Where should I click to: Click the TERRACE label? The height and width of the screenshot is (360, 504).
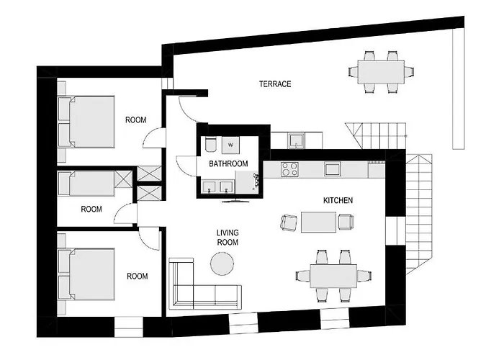[x=275, y=84]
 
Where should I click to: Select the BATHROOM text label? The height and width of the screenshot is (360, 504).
[x=228, y=164]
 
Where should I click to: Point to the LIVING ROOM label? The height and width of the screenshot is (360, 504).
[x=228, y=237]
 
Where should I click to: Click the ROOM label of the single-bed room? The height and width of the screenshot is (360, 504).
[x=91, y=210]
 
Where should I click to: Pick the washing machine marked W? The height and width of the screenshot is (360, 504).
[x=230, y=144]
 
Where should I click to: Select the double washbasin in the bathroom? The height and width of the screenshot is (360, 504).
[x=218, y=189]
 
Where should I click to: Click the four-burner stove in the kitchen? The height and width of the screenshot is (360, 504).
[x=290, y=170]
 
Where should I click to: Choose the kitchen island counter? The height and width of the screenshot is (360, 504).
[x=319, y=222]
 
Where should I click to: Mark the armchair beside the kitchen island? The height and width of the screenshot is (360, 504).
[x=288, y=223]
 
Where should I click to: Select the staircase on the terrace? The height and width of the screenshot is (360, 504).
[x=374, y=134]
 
